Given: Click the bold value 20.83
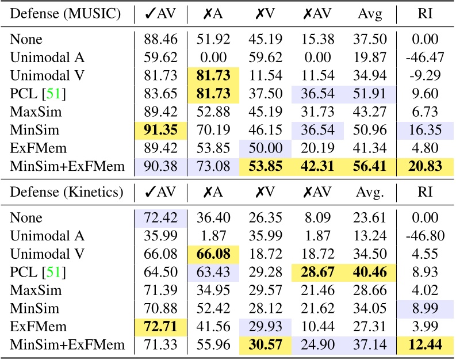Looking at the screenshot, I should click(x=424, y=167).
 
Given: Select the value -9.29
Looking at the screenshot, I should click(x=424, y=77).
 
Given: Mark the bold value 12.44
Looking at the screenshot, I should click(x=424, y=345).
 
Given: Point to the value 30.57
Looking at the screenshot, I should click(x=263, y=345).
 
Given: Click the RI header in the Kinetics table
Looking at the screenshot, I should click(x=424, y=192).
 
